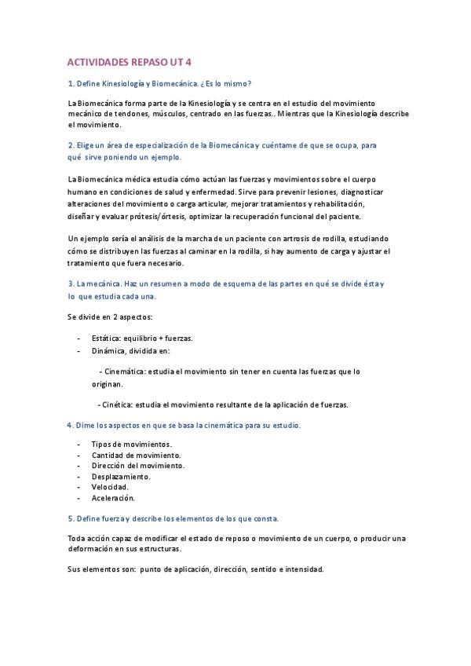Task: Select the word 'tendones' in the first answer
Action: tap(128, 114)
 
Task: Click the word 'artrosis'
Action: tap(305, 239)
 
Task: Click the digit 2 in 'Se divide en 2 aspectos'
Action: tap(114, 317)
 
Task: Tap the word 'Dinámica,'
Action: tap(111, 351)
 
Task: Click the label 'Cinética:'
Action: tap(116, 405)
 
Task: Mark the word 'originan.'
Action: tap(107, 385)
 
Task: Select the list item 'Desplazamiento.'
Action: tap(121, 476)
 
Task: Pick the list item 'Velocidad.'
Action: tap(110, 487)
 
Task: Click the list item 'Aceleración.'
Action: tap(113, 498)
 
